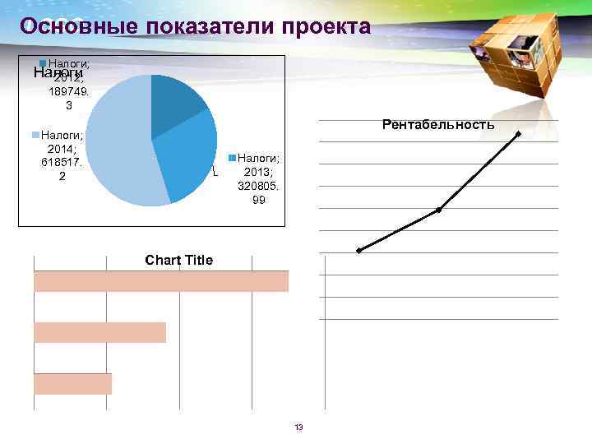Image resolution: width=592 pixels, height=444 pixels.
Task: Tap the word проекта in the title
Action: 326,26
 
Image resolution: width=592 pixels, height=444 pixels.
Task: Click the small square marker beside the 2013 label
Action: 234,157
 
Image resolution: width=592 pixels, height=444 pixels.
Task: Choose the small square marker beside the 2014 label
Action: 35,133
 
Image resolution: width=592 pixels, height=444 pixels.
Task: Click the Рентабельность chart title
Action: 438,125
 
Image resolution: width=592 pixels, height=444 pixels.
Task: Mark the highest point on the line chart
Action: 519,134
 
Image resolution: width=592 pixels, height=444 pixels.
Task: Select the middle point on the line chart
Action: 439,210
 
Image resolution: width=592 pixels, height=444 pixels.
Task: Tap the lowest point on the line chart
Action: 359,250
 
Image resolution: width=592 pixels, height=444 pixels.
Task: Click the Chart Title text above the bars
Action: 178,261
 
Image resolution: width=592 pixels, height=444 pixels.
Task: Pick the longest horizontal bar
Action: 161,281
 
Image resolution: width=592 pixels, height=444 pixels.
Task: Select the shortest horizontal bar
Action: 72,384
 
